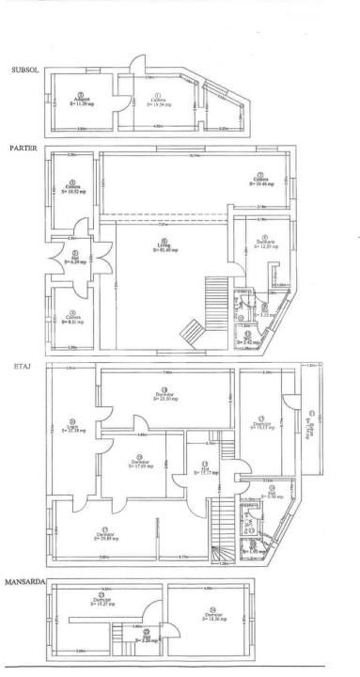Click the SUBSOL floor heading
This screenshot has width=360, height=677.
tap(23, 70)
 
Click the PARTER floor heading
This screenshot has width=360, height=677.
tap(24, 149)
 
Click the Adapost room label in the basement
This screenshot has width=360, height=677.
tap(84, 102)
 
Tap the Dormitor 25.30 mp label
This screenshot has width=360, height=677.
tap(166, 396)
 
